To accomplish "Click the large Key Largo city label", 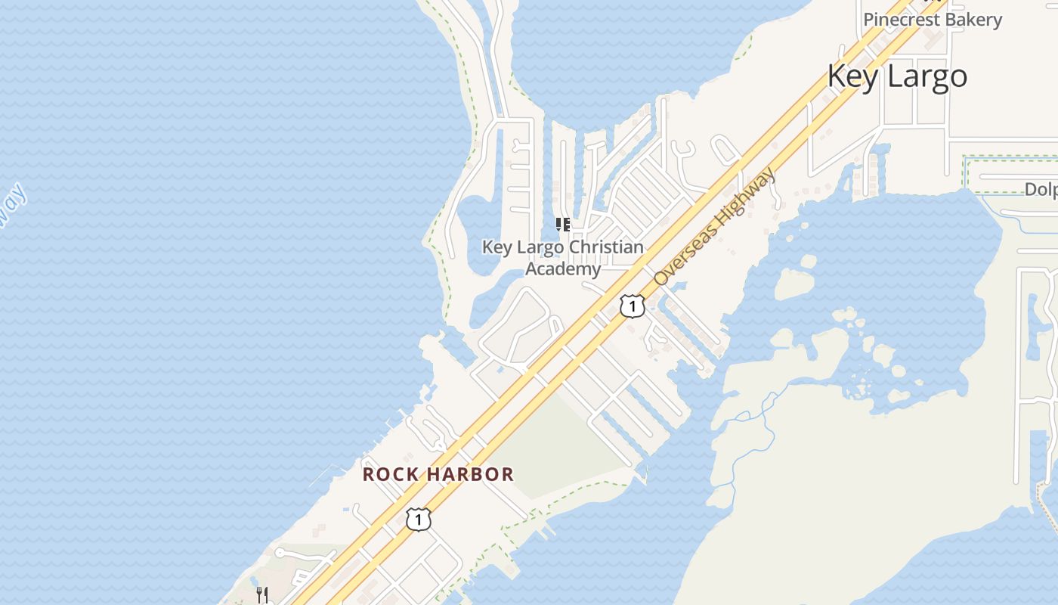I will [x=897, y=76].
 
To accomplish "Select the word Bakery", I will [x=977, y=20].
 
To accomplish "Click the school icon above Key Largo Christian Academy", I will [x=563, y=225].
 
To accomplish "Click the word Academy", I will [x=563, y=268].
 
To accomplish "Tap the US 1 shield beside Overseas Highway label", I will [x=632, y=306].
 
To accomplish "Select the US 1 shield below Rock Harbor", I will [x=419, y=520].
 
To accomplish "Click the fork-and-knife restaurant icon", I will [x=262, y=594].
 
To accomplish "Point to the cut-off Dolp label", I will [x=1041, y=190].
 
